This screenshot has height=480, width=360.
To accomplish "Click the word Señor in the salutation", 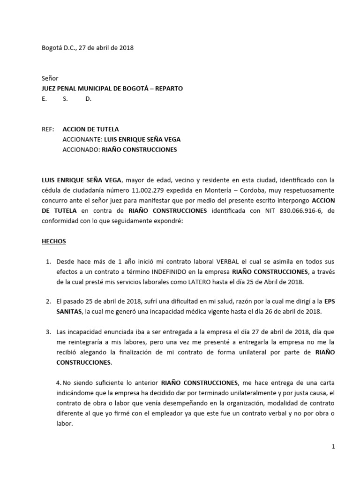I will tap(50, 78).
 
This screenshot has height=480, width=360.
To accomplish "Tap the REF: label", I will tap(48, 129).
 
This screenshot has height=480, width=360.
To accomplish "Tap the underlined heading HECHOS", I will tap(54, 241).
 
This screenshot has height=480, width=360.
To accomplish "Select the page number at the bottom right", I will tap(333, 447).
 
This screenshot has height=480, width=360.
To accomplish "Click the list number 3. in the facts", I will tap(48, 332).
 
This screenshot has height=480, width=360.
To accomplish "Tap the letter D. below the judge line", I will tap(88, 99).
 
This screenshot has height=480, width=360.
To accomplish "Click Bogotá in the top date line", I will tap(52, 48).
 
